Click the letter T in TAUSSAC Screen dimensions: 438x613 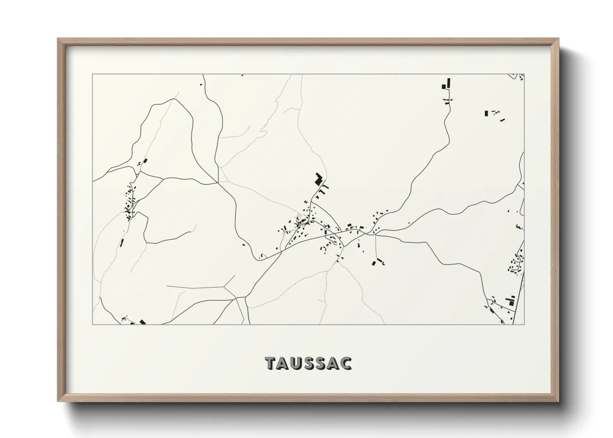click(270, 363)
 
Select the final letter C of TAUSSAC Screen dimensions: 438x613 click(346, 363)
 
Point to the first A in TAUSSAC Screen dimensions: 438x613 click(284, 363)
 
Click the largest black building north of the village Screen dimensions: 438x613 click(319, 179)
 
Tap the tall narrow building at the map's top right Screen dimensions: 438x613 click(448, 83)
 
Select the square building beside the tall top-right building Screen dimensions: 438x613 click(444, 87)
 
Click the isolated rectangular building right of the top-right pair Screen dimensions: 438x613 click(486, 113)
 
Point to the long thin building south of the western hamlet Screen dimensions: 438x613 click(122, 243)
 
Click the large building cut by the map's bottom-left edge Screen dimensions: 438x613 click(143, 322)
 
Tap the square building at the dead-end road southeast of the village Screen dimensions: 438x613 click(374, 263)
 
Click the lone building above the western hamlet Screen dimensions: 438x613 click(145, 161)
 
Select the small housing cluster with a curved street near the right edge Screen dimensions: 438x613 click(516, 265)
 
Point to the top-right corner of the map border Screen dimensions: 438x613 click(524, 75)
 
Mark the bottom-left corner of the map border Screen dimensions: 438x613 click(93, 324)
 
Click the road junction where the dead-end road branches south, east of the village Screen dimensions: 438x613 click(375, 235)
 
